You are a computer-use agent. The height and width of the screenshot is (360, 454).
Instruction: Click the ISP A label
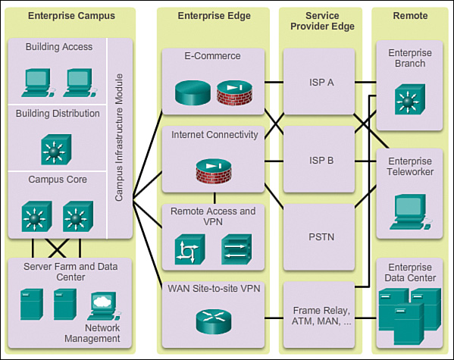tap(321, 83)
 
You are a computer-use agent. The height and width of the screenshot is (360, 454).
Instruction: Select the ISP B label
tap(321, 160)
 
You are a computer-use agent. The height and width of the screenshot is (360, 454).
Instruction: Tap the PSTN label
tap(321, 237)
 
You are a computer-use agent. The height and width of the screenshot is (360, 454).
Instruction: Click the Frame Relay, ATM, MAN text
tap(321, 316)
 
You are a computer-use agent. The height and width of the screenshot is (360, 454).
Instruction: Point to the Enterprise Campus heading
tap(71, 16)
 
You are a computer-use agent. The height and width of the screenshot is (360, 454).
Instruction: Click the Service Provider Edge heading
tap(322, 21)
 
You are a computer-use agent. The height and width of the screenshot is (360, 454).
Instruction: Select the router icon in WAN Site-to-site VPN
tap(214, 321)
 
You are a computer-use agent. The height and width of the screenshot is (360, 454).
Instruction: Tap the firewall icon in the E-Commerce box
tap(234, 92)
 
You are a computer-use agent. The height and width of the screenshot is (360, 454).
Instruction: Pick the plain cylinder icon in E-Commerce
tap(193, 92)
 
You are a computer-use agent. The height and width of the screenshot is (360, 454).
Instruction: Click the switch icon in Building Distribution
tap(56, 149)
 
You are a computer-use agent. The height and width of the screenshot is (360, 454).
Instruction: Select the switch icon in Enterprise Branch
tap(410, 99)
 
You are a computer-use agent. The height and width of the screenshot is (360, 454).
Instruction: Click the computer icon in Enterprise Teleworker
tap(411, 212)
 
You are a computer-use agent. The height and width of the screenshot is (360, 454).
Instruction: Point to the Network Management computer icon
tap(105, 306)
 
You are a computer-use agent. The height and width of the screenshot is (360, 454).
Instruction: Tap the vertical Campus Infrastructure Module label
tap(119, 138)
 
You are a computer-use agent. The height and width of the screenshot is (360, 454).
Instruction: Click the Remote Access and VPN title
tap(213, 216)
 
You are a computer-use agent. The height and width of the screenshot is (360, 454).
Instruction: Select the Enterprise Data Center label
tap(410, 273)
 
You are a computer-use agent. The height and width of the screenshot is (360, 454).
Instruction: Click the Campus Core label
tap(58, 180)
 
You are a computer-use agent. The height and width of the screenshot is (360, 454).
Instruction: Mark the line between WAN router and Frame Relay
tap(274, 318)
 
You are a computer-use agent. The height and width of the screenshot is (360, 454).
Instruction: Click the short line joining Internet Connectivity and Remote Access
tap(214, 198)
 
